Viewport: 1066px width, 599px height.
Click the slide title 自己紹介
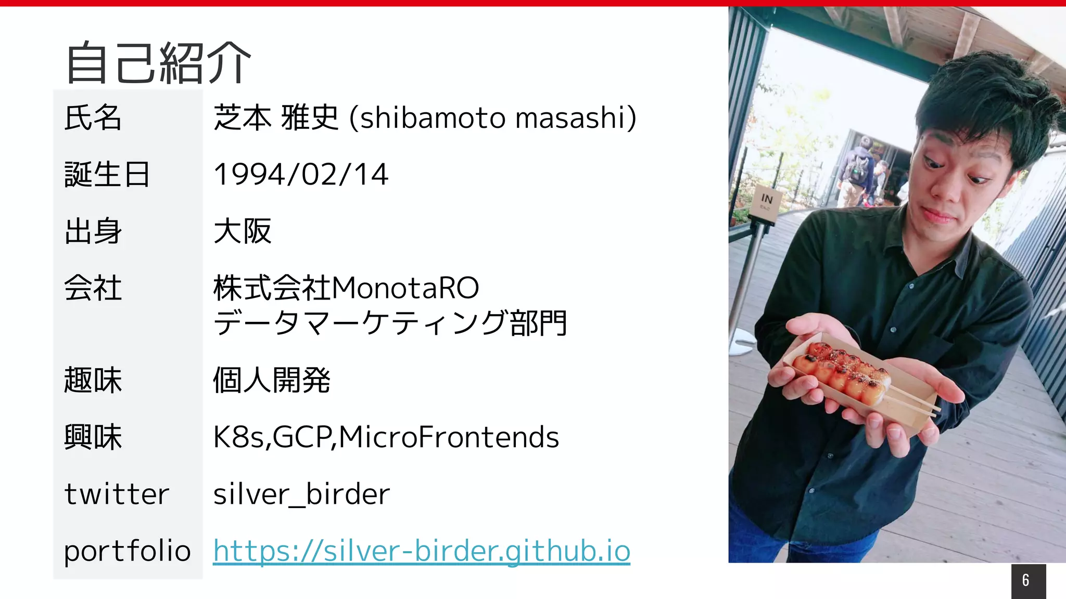[x=159, y=63]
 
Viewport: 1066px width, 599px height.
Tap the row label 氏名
[x=93, y=118]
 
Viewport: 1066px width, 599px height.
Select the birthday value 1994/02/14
[x=301, y=174]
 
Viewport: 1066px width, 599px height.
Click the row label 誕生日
[x=107, y=174]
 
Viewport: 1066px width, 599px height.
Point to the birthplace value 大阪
[x=243, y=231]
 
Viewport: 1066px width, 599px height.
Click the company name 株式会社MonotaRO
[x=346, y=288]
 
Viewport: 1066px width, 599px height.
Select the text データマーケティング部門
[x=390, y=323]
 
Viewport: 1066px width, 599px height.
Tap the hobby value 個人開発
[x=271, y=380]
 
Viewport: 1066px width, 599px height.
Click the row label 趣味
[x=93, y=380]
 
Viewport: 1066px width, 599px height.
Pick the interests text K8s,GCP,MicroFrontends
[x=386, y=437]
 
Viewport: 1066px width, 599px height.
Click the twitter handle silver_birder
[x=301, y=494]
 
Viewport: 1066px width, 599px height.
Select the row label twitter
[x=117, y=494]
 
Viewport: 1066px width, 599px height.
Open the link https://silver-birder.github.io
[x=422, y=551]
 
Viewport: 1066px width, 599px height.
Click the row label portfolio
[x=128, y=551]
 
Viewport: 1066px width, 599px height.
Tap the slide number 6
[x=1025, y=580]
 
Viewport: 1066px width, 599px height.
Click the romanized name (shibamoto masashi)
[x=492, y=118]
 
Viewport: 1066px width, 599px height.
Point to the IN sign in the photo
[x=766, y=200]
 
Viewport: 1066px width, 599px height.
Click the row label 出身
[x=93, y=231]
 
